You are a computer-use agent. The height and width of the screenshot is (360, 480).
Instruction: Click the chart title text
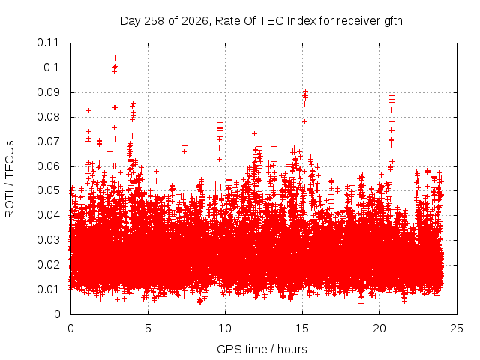coord(261,21)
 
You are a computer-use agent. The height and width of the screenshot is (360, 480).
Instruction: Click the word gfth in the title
coord(392,21)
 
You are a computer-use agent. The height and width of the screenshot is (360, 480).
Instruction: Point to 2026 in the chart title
coord(195,21)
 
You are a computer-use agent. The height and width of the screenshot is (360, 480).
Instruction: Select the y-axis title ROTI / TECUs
coord(10,179)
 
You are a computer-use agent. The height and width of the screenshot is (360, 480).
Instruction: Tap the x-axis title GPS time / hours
coord(262,349)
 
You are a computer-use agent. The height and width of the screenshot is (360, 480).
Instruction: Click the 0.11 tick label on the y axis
coord(48,43)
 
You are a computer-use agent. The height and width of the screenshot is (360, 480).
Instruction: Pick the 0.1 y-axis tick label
coord(52,67)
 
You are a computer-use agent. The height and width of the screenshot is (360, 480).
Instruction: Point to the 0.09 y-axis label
coord(48,92)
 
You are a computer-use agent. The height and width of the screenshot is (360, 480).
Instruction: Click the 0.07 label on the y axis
coord(48,142)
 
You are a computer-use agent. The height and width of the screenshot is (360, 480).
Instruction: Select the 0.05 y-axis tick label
coord(48,190)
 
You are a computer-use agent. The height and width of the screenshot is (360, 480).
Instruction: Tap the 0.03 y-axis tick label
coord(48,240)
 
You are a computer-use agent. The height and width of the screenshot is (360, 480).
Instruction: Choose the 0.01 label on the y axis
coord(48,289)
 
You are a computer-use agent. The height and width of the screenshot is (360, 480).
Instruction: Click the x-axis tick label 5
coord(148,328)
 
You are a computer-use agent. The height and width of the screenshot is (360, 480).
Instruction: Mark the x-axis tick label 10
coord(225,328)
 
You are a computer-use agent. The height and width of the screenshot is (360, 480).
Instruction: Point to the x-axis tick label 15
coord(302,328)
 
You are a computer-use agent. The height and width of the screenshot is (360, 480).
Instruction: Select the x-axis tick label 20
coord(379,328)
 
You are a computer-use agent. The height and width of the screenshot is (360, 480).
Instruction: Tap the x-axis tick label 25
coord(457,328)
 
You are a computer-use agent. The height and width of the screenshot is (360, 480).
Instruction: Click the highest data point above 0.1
coord(115,58)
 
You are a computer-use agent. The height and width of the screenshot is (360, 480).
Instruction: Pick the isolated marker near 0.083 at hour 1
coord(88,110)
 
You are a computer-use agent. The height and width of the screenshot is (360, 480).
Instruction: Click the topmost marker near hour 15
coord(305,91)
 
